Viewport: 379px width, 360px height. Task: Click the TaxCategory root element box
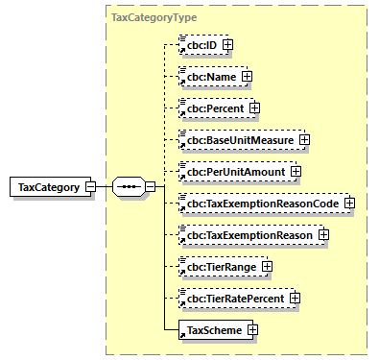(x=49, y=187)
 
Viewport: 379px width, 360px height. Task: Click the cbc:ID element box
(x=200, y=44)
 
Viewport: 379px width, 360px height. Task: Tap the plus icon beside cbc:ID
(x=227, y=44)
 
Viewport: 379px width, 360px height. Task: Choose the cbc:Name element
(x=208, y=76)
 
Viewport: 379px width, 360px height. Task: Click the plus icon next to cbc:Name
(x=247, y=76)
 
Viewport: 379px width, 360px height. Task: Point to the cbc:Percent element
(x=212, y=108)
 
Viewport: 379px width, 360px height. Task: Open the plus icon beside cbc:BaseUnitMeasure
(x=304, y=140)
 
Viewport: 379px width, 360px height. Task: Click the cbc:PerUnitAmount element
(x=233, y=172)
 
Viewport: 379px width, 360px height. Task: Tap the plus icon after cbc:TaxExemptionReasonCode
(x=349, y=204)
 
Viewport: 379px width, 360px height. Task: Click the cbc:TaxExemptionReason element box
(x=248, y=235)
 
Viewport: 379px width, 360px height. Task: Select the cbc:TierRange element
(x=219, y=267)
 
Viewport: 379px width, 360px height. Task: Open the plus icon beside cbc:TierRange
(x=267, y=267)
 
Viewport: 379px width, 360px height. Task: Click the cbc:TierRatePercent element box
(x=235, y=299)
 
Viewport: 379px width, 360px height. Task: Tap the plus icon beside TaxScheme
(x=252, y=330)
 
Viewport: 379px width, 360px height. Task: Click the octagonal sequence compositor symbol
(x=127, y=187)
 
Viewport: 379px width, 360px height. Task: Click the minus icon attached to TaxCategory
(x=90, y=187)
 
